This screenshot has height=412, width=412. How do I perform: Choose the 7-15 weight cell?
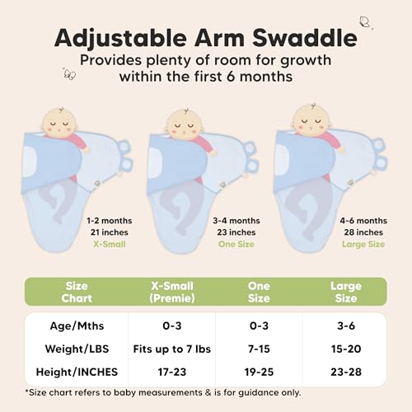(258, 350)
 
